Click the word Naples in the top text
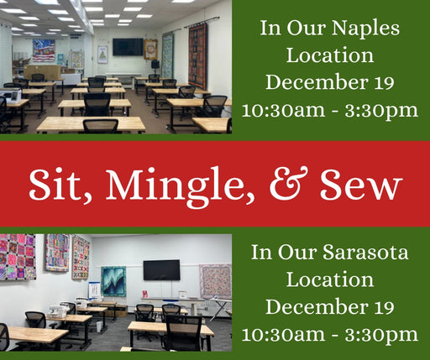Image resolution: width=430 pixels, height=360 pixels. [365, 29]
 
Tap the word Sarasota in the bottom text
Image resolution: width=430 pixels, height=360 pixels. [365, 253]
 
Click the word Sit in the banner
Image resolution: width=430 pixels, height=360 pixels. [58, 185]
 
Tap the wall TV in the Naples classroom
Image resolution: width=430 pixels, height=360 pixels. [128, 47]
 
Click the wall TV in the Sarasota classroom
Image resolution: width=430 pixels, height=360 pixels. [161, 270]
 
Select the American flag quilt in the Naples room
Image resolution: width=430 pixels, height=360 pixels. [44, 50]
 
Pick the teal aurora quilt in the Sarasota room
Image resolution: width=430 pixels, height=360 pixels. [113, 281]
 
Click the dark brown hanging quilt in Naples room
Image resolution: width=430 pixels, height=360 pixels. [198, 56]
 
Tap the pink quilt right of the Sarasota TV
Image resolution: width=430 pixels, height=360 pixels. [215, 281]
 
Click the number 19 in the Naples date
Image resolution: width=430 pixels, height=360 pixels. [385, 82]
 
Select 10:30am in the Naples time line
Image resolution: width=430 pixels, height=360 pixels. [284, 110]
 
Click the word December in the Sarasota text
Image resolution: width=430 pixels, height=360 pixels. [317, 306]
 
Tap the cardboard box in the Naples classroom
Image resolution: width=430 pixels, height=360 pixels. [42, 72]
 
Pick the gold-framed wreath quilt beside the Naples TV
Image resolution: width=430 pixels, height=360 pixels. [150, 50]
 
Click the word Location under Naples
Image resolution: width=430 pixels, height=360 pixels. [330, 55]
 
